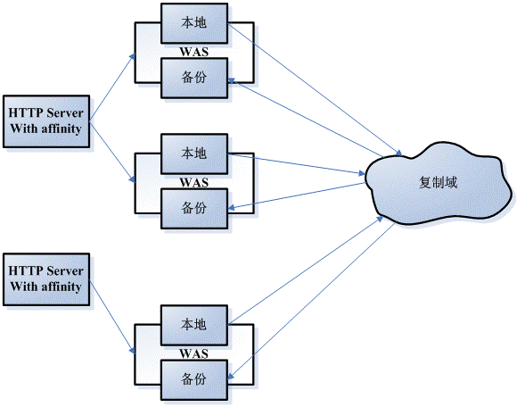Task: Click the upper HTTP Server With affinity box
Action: click(45, 121)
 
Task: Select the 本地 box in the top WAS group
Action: click(193, 23)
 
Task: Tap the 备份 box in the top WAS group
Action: click(193, 77)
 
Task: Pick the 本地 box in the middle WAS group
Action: click(193, 154)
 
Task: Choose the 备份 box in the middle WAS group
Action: click(193, 207)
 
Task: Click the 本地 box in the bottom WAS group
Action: click(193, 323)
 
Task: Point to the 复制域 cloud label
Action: click(438, 181)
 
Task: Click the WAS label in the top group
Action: click(193, 52)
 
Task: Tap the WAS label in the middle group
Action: click(193, 182)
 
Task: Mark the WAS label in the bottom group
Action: click(193, 351)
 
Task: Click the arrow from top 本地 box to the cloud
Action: click(312, 86)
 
